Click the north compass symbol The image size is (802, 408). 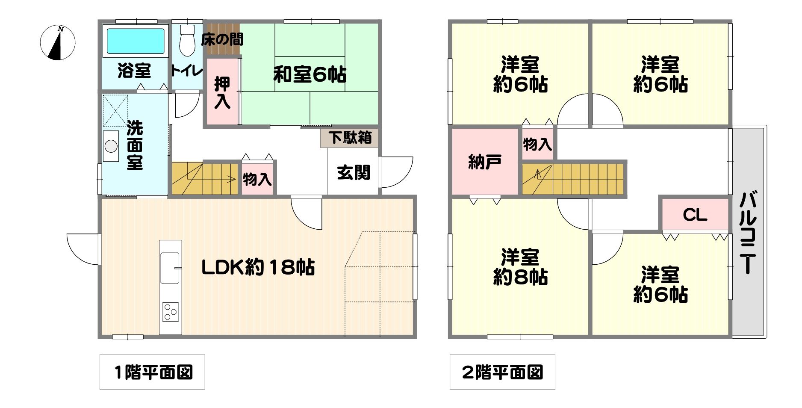pyautogui.click(x=58, y=43)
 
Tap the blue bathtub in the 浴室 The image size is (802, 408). pyautogui.click(x=135, y=41)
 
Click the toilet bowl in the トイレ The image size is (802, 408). pyautogui.click(x=186, y=41)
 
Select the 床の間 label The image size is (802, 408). pyautogui.click(x=222, y=39)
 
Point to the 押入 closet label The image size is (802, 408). pyautogui.click(x=222, y=92)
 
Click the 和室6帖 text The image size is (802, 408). pyautogui.click(x=310, y=75)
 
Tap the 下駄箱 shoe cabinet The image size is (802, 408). pyautogui.click(x=350, y=138)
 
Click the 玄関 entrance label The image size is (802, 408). pyautogui.click(x=354, y=173)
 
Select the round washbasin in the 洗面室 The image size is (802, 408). pyautogui.click(x=111, y=146)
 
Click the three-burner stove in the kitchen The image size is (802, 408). pyautogui.click(x=170, y=311)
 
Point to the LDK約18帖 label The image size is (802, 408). pyautogui.click(x=258, y=268)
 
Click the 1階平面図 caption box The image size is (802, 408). pyautogui.click(x=152, y=372)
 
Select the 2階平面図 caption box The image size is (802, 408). pyautogui.click(x=502, y=372)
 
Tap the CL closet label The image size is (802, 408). pyautogui.click(x=695, y=215)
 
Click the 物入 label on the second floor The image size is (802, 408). pyautogui.click(x=537, y=144)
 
